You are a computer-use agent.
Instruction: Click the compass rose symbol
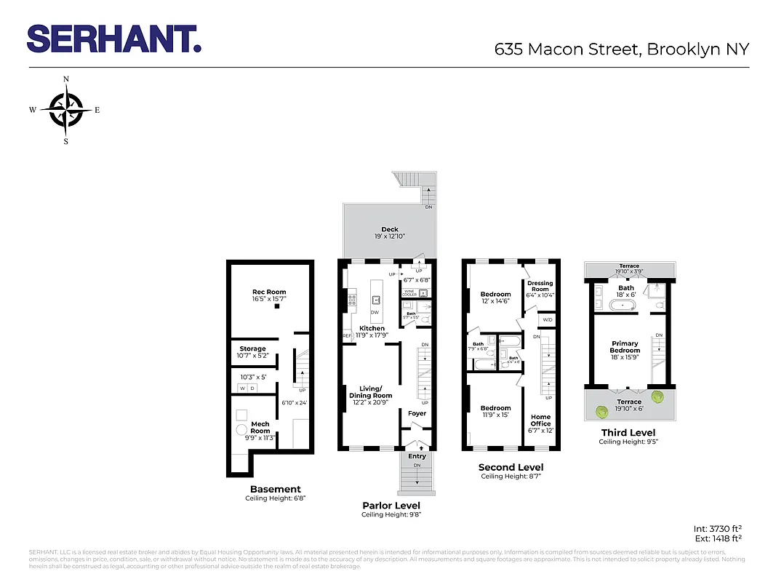pos(65,110)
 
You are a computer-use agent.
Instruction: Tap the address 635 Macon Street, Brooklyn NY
pos(621,49)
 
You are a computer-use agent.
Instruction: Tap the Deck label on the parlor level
pos(390,230)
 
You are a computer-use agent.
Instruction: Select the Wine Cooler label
pos(409,293)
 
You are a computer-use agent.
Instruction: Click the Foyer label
pos(417,413)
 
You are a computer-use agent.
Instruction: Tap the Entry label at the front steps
pos(417,456)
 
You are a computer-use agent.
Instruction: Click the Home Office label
pos(540,420)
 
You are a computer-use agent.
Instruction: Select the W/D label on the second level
pos(546,319)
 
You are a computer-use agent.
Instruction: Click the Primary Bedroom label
pos(625,347)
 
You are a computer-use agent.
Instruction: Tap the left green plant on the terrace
pos(602,412)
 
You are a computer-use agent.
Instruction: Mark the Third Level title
pos(628,433)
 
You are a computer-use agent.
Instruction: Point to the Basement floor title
pos(275,490)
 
